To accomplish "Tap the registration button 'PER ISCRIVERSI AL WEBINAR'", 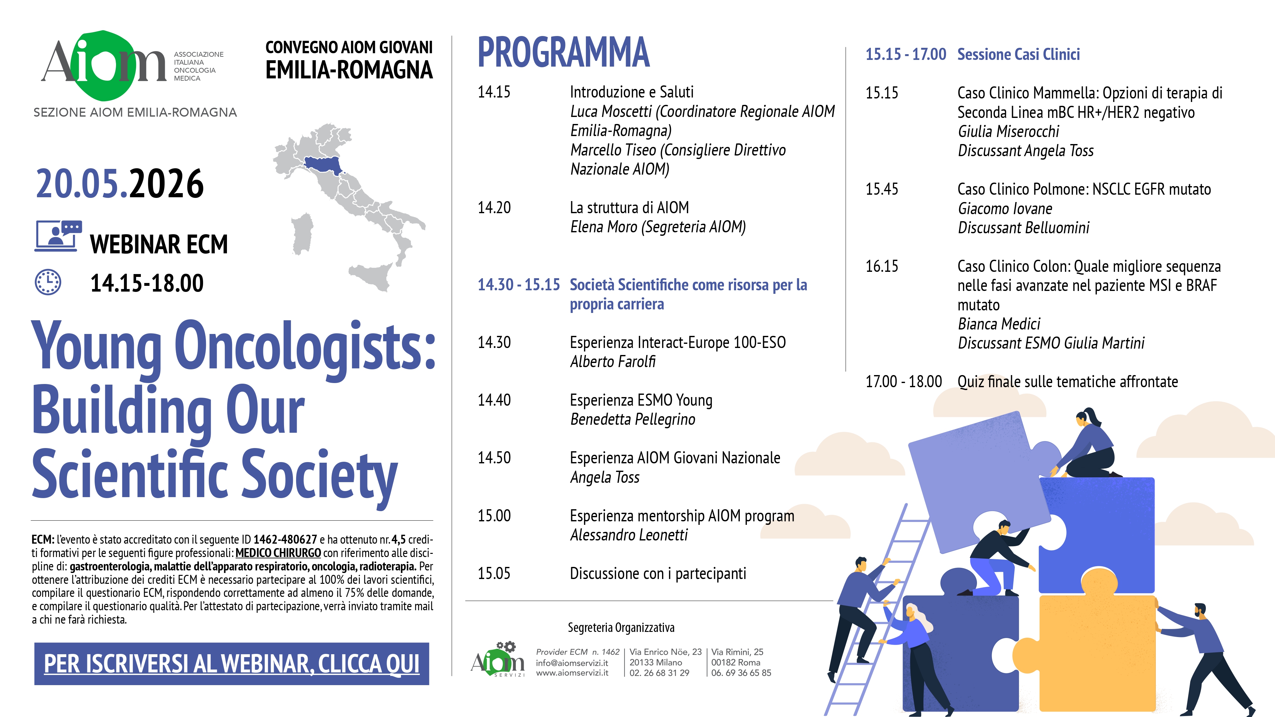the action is click(x=232, y=663).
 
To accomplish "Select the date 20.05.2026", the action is click(x=120, y=184).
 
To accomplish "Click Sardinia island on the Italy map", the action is click(x=302, y=234).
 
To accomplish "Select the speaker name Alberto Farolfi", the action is click(x=613, y=362).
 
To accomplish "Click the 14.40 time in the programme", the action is click(x=494, y=400).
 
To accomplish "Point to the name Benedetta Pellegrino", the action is click(x=632, y=420).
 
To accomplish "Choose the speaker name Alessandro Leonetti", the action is click(x=629, y=535).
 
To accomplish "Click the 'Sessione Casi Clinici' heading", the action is click(x=1019, y=54).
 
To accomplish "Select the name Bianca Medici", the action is click(x=999, y=324).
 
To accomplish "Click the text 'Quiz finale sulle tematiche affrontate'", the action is click(x=1067, y=382).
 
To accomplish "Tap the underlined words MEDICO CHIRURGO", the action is click(x=278, y=553).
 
